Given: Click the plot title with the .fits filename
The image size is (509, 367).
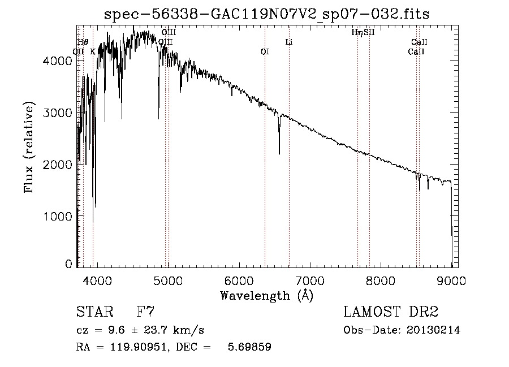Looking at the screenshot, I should (x=267, y=15).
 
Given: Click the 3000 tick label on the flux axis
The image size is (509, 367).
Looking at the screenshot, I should (x=58, y=113).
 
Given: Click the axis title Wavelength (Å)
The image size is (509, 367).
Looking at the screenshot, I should (x=266, y=295).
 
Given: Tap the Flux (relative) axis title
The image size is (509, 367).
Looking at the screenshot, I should (x=29, y=146).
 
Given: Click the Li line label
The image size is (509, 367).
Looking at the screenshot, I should (x=288, y=42).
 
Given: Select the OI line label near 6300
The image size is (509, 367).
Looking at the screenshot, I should (x=265, y=51).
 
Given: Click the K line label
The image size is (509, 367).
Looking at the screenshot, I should (x=93, y=51).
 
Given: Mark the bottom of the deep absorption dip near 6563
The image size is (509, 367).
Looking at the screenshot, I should (x=279, y=154).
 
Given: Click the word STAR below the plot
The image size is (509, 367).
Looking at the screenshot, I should (x=93, y=312).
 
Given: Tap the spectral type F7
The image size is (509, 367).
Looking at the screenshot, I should (x=146, y=312).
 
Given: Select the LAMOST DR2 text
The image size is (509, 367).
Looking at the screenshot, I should (x=391, y=312).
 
